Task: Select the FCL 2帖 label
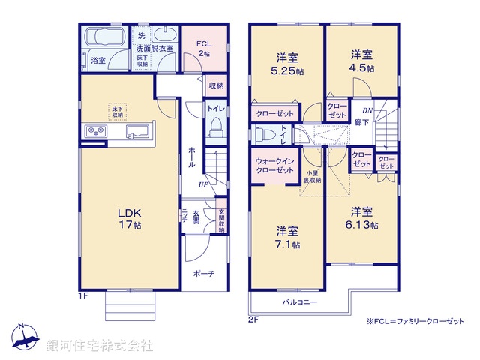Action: point(204,48)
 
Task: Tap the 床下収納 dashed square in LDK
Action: point(118,111)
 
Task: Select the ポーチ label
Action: point(202,274)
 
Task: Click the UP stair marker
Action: point(203,184)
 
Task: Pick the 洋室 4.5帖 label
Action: point(362,61)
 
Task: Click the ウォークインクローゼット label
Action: point(274,166)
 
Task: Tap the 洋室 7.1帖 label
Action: point(287,238)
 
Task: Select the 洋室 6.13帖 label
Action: point(362,217)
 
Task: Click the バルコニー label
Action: point(299,303)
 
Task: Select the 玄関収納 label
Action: point(220,220)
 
